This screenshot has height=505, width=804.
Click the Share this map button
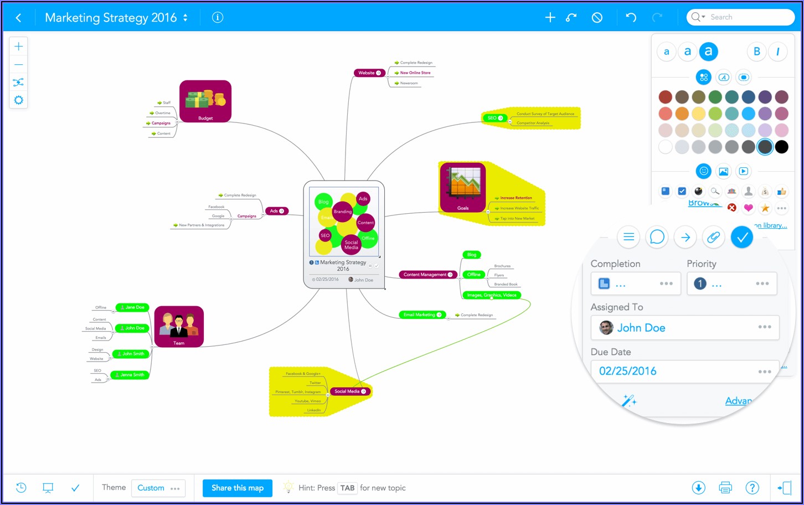pyautogui.click(x=237, y=488)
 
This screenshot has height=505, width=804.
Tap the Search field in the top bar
pyautogui.click(x=742, y=17)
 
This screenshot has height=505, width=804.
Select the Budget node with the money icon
pyautogui.click(x=205, y=101)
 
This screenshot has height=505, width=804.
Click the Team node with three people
pyautogui.click(x=179, y=327)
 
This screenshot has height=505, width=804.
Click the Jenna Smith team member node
pyautogui.click(x=130, y=375)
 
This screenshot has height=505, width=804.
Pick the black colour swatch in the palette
pyautogui.click(x=781, y=147)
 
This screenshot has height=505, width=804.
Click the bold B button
pyautogui.click(x=756, y=51)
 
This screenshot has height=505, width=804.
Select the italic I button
pyautogui.click(x=778, y=51)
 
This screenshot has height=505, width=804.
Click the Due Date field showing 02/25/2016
pyautogui.click(x=684, y=371)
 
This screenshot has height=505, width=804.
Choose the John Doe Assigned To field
pyautogui.click(x=684, y=328)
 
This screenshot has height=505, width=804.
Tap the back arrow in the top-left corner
pyautogui.click(x=19, y=18)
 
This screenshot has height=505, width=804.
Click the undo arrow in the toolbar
pyautogui.click(x=631, y=17)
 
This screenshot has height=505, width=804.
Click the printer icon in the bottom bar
pyautogui.click(x=725, y=488)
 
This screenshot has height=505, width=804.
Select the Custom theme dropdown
pyautogui.click(x=158, y=488)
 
